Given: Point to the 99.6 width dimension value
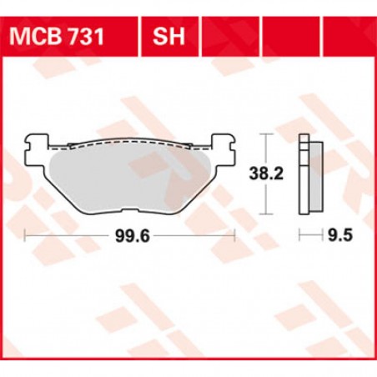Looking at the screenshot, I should pos(130,237).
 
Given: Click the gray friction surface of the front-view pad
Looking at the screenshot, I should pos(130,178).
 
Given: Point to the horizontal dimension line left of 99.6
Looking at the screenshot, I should pos(67,237).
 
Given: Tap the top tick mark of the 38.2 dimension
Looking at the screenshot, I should pos(266,133).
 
